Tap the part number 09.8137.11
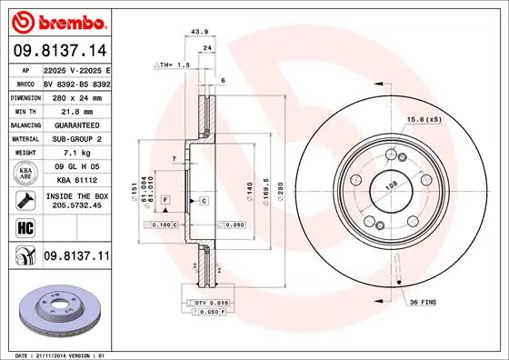75,257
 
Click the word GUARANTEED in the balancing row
75,124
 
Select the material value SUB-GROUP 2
75,138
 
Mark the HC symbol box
25,226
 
